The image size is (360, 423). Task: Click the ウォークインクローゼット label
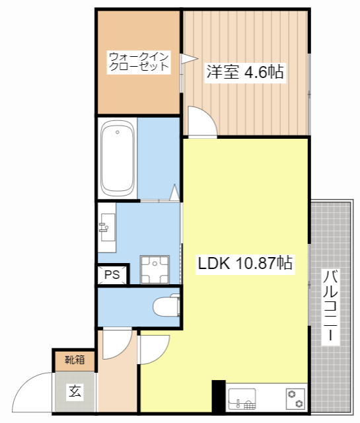click(139, 61)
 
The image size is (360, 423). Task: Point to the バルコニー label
click(332, 306)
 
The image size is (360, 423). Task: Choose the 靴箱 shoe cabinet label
click(75, 361)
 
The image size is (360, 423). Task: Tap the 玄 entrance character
click(75, 391)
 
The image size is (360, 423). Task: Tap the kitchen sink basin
click(242, 401)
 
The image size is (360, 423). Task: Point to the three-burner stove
click(295, 400)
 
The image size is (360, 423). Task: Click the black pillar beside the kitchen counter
click(218, 397)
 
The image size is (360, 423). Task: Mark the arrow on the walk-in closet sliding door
click(187, 59)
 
